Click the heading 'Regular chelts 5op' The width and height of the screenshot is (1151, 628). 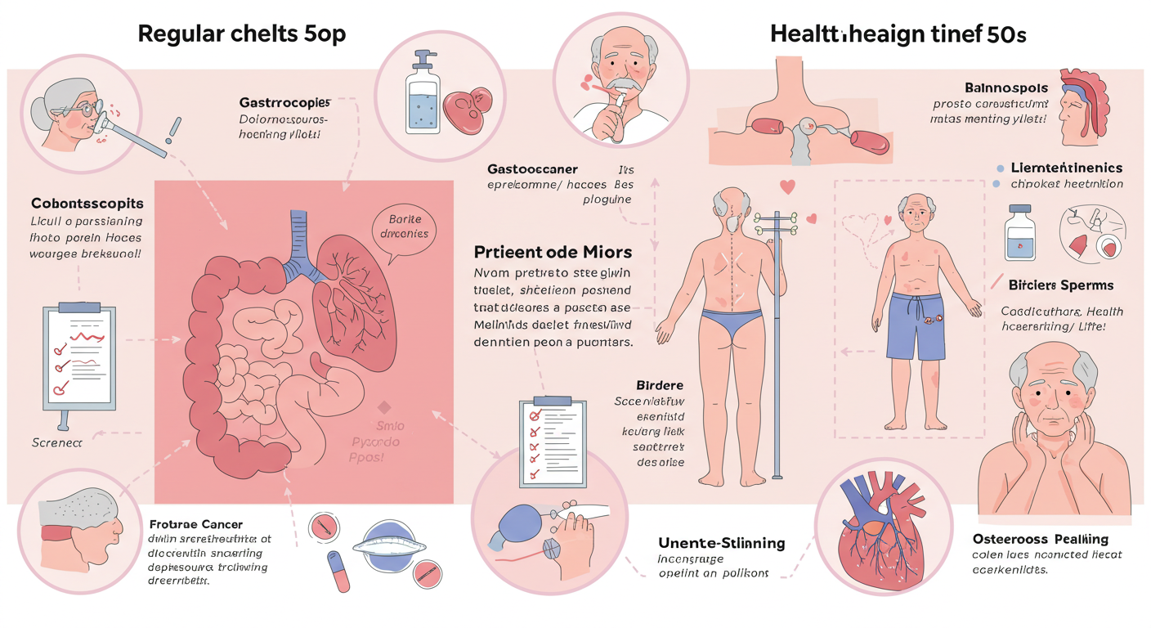pyautogui.click(x=242, y=34)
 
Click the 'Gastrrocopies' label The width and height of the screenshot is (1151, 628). pyautogui.click(x=284, y=103)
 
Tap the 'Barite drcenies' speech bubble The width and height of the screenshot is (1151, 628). pyautogui.click(x=404, y=227)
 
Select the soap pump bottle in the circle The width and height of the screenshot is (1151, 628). pyautogui.click(x=423, y=94)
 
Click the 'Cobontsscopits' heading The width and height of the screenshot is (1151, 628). pyautogui.click(x=87, y=203)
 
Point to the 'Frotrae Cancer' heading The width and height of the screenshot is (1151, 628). pyautogui.click(x=196, y=523)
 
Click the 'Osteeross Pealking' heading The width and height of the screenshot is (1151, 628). pyautogui.click(x=1041, y=539)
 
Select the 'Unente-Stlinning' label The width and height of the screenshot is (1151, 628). pyautogui.click(x=721, y=543)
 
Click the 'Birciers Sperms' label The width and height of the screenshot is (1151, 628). pyautogui.click(x=1061, y=285)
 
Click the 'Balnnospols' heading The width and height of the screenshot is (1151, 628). pyautogui.click(x=1005, y=87)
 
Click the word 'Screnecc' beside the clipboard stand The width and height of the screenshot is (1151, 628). pyautogui.click(x=57, y=442)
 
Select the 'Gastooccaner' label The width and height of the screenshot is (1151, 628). pyautogui.click(x=532, y=168)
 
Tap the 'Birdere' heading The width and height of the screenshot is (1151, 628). pyautogui.click(x=659, y=384)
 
